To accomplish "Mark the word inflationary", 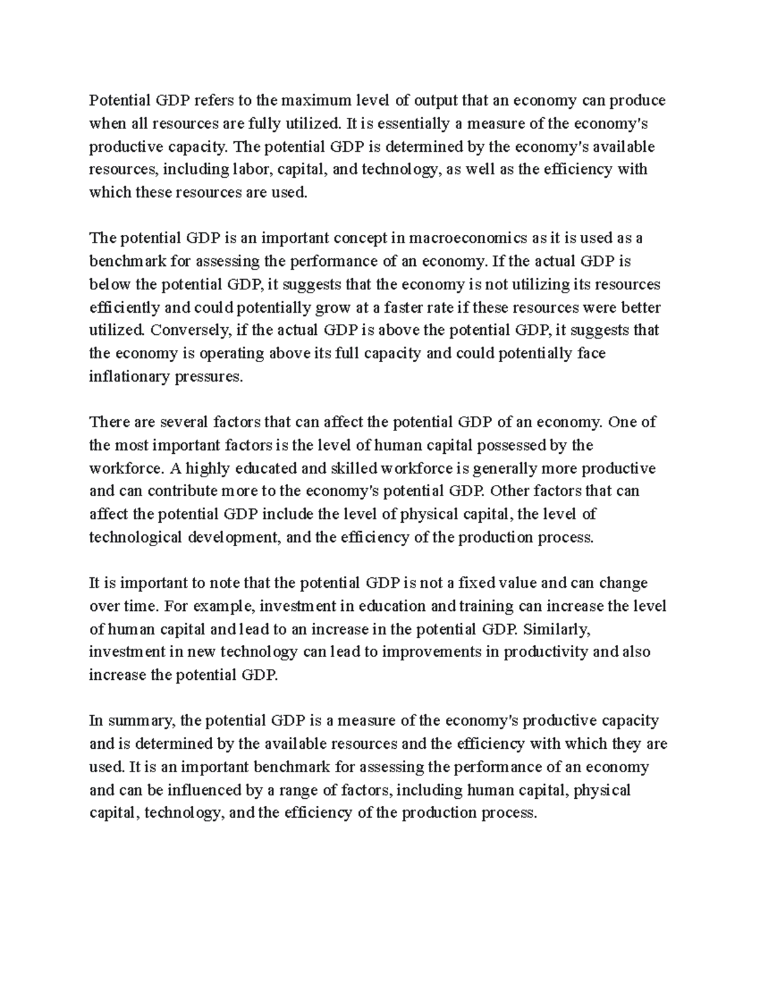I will coord(129,377).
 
